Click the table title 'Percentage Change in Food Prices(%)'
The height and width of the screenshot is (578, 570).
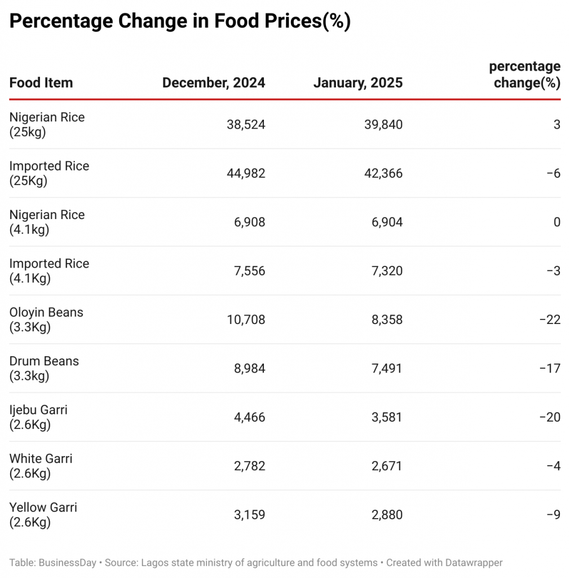[180, 21]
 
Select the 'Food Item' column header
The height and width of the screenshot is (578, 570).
[41, 83]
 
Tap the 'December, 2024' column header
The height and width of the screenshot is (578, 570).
[214, 83]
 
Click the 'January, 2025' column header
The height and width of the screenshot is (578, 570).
[358, 83]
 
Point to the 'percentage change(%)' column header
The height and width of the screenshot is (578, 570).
[525, 75]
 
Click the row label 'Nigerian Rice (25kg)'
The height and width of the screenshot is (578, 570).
[47, 125]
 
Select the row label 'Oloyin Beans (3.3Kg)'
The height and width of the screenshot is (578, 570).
[46, 319]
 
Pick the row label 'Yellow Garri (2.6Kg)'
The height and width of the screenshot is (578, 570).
[43, 515]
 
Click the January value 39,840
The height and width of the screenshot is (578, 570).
[383, 125]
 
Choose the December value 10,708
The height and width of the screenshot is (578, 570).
[246, 320]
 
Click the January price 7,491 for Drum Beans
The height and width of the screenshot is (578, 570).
[387, 369]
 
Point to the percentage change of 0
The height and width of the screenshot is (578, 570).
[556, 222]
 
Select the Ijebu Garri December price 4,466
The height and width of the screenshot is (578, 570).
[249, 418]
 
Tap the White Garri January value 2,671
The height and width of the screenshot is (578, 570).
[387, 466]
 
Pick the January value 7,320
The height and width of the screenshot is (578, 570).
[387, 271]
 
